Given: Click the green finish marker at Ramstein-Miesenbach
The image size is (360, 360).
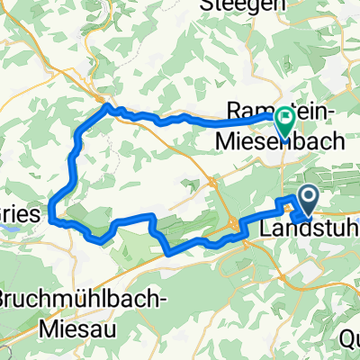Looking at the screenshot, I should pyautogui.click(x=284, y=121).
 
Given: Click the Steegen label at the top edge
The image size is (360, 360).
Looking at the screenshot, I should pyautogui.click(x=269, y=4).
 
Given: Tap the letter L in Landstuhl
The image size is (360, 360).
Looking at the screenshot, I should pyautogui.click(x=264, y=230).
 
